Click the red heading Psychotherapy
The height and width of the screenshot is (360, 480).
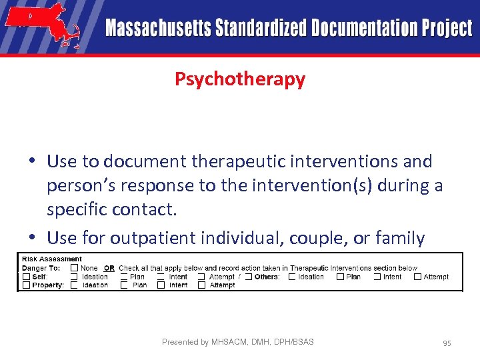(240, 79)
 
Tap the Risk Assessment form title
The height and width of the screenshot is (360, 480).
(52, 259)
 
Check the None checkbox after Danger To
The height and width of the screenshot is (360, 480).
(75, 268)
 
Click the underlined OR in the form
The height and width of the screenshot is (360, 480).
(109, 268)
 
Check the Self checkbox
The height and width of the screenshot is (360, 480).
(26, 277)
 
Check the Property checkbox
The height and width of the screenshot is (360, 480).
(26, 285)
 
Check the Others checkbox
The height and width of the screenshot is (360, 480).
(248, 277)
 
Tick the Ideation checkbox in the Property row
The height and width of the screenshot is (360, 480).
(75, 285)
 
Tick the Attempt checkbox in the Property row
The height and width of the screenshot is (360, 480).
(202, 285)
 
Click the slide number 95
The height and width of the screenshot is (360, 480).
(447, 343)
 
